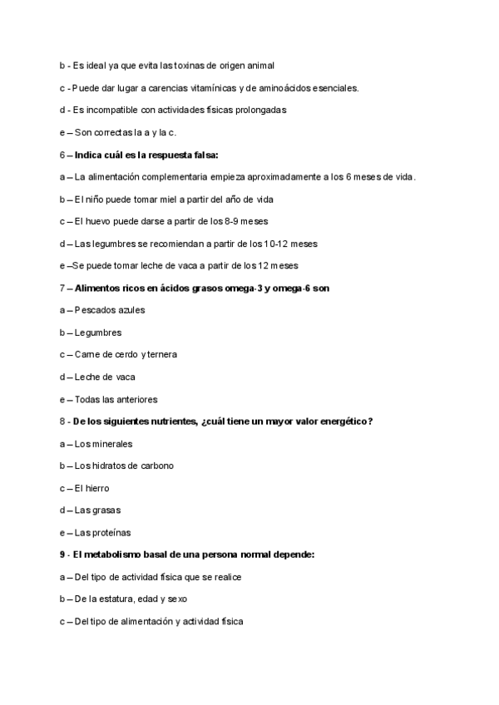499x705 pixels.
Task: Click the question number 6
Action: [x=62, y=155]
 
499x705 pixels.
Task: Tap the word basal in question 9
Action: [x=148, y=555]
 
